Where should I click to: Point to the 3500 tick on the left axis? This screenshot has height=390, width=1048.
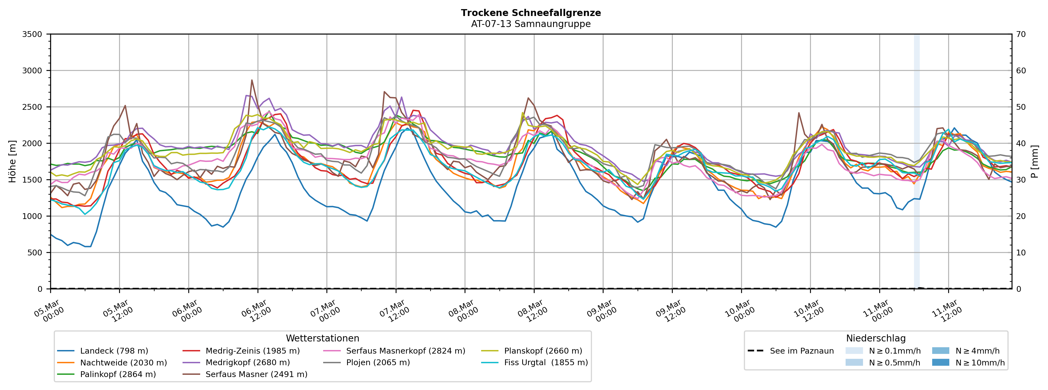tap(32, 34)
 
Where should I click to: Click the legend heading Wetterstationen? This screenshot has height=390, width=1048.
tap(323, 338)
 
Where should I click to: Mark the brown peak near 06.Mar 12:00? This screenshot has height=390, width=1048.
tap(252, 80)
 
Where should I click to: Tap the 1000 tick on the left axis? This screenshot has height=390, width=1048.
tap(32, 216)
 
